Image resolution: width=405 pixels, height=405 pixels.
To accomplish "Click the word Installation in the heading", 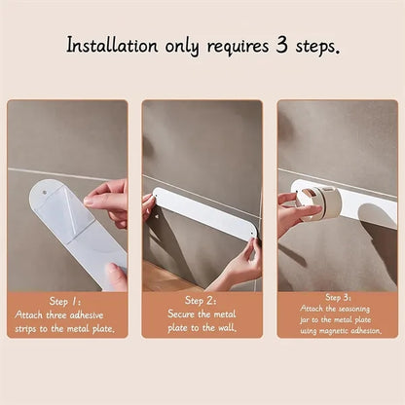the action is click(112, 46).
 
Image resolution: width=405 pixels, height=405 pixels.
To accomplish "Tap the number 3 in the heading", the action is click(281, 45).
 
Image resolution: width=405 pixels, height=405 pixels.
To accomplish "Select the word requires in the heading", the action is click(238, 47).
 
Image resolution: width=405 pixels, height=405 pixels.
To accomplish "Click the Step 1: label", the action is click(65, 302).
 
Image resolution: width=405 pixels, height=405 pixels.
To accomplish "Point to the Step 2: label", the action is click(201, 301).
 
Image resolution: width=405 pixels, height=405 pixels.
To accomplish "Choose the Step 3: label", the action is click(338, 297).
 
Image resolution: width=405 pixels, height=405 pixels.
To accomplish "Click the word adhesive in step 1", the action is click(87, 315).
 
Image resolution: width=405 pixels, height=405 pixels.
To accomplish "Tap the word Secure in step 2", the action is click(181, 313).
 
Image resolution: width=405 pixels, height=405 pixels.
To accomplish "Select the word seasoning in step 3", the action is click(353, 309).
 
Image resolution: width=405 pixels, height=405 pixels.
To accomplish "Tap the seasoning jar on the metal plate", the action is click(319, 203).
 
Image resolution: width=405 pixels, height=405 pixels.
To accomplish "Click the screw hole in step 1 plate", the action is click(45, 193).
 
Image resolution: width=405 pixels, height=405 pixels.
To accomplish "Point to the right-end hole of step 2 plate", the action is click(252, 233).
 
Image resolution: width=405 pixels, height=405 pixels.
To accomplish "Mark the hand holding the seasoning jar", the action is click(295, 213).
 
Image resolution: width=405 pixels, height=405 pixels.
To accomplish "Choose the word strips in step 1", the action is click(26, 329).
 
